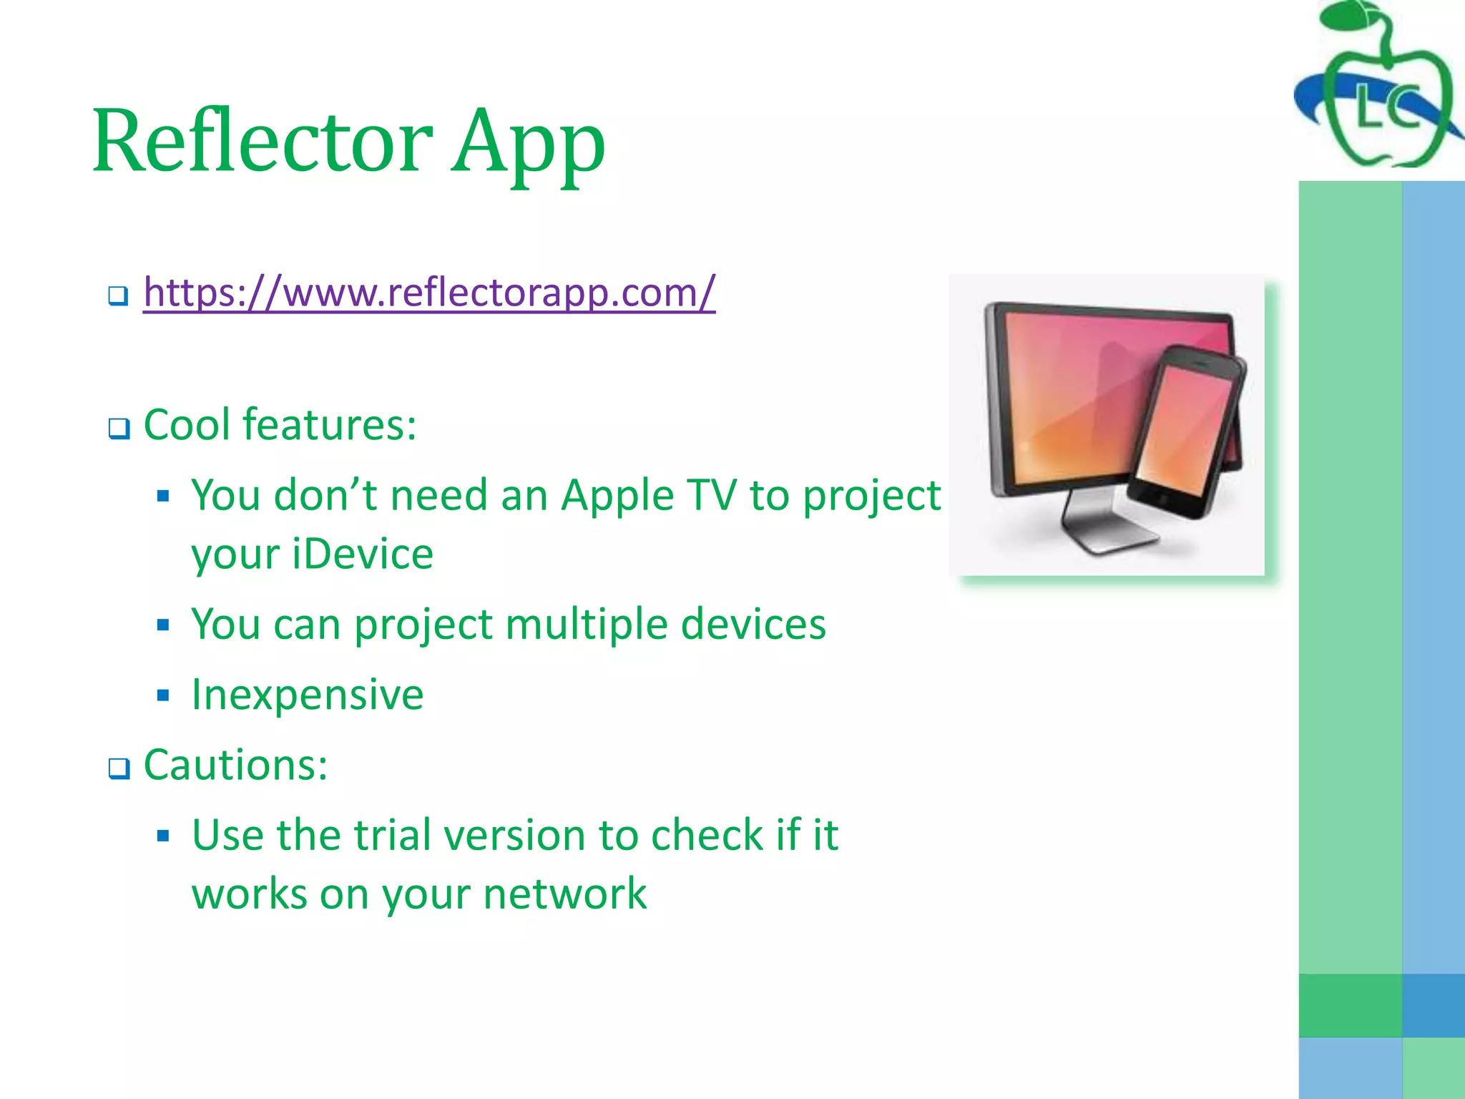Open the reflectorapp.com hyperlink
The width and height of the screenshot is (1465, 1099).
tap(429, 292)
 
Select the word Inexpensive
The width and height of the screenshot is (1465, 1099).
tap(308, 695)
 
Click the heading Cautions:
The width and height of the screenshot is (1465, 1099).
tap(235, 765)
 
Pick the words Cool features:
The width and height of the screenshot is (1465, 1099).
tap(280, 425)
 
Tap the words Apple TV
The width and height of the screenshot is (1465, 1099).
tap(648, 495)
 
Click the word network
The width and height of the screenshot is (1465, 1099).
tap(564, 894)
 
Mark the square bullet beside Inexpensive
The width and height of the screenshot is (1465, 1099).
tap(163, 695)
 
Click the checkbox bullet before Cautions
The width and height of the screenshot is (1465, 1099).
tap(119, 768)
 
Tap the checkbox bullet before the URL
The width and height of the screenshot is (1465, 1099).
tap(118, 295)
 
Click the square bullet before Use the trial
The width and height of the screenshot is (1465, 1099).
tap(163, 835)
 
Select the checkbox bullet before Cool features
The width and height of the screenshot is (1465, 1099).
tap(119, 429)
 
